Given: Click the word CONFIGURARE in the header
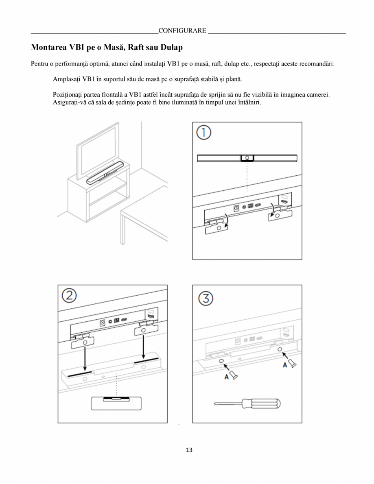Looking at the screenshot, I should (x=182, y=31).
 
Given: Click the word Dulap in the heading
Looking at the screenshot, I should (x=171, y=48).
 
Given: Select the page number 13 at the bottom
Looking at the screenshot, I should (x=189, y=450).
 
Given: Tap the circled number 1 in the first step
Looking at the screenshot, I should (x=204, y=133).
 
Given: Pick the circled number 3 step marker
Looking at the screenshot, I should (x=206, y=299).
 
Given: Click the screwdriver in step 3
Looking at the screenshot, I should (x=247, y=403).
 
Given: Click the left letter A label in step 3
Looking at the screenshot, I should (x=227, y=377).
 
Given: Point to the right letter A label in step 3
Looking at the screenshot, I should (x=285, y=365).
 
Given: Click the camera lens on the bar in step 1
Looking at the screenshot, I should (x=247, y=158).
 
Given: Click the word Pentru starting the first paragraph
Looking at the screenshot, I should (x=39, y=64).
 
